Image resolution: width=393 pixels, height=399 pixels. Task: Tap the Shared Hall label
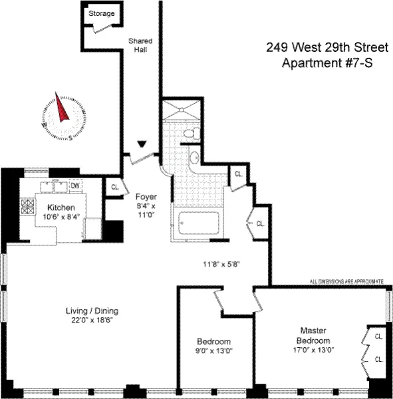click(x=140, y=45)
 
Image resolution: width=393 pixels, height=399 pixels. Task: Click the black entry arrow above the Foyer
click(x=142, y=143)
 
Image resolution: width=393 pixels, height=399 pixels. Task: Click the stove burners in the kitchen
click(x=29, y=207)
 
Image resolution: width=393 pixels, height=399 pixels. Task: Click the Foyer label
click(x=146, y=197)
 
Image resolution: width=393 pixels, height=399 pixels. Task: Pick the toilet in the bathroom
click(x=190, y=134)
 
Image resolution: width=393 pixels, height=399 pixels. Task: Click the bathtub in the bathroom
click(x=199, y=227)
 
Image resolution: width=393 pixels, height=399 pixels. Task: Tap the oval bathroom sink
click(x=192, y=158)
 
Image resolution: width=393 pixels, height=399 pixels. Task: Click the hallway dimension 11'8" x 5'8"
click(x=221, y=263)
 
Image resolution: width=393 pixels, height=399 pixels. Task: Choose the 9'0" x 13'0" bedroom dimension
click(x=213, y=350)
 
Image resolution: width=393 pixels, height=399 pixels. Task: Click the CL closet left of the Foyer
click(x=115, y=188)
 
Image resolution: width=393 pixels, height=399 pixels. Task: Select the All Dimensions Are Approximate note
click(x=346, y=282)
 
